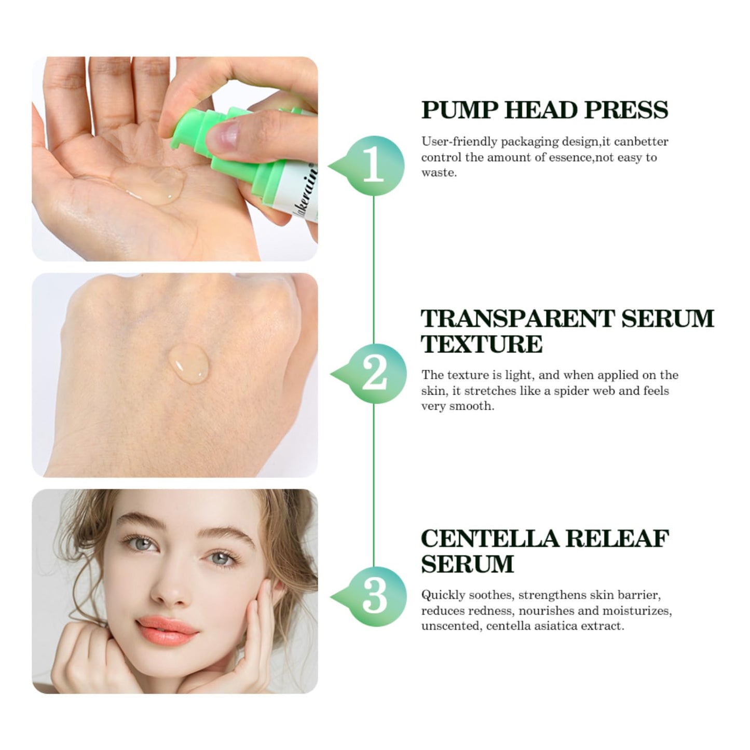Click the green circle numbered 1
374,166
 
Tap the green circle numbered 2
375,373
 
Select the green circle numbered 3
375,596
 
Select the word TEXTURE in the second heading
482,344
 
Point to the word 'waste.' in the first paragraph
439,172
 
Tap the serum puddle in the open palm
156,184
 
